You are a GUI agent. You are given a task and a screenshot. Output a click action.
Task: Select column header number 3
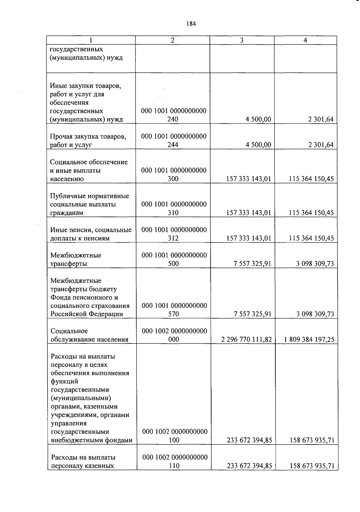[x=242, y=40]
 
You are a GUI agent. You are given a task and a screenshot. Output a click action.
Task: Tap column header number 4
[x=305, y=40]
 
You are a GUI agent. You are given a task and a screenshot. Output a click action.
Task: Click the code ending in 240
[x=173, y=115]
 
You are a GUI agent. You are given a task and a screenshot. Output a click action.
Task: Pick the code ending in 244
[x=173, y=141]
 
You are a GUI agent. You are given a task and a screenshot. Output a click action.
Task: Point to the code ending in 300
[x=173, y=175]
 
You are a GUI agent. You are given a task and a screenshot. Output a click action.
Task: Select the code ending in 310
[x=173, y=208]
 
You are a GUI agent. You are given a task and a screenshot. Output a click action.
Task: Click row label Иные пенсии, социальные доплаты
[x=91, y=234]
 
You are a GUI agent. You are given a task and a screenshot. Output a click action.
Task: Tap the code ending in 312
[x=173, y=234]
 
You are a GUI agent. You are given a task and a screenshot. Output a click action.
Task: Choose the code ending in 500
[x=174, y=259]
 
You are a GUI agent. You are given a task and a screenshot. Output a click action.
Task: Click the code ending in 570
[x=174, y=310]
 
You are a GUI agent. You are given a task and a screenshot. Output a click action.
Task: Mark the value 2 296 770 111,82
[x=246, y=340]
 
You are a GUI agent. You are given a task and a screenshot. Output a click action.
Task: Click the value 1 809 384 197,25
[x=309, y=340]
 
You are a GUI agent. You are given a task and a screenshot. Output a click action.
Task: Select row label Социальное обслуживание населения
[x=89, y=335]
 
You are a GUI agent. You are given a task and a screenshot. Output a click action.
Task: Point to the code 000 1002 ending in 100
[x=175, y=436]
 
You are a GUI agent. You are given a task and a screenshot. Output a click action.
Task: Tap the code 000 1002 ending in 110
[x=175, y=461]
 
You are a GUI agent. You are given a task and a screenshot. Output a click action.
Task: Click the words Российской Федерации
[x=87, y=314]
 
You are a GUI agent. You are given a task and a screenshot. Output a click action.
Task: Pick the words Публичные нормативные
[x=89, y=196]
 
